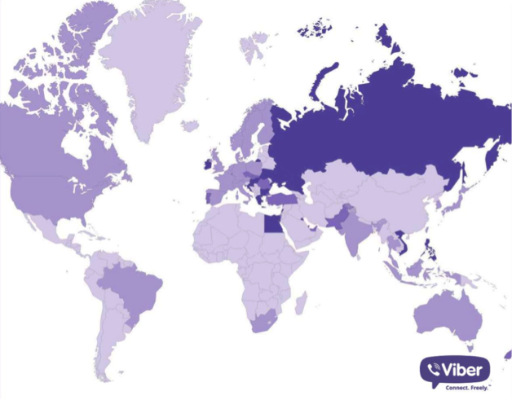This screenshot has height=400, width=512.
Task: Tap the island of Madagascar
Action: pyautogui.click(x=301, y=303)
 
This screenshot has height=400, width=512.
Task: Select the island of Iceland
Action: pyautogui.click(x=189, y=126)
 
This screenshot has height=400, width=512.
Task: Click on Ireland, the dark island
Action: pyautogui.click(x=208, y=164)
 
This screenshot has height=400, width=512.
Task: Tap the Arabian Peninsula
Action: pyautogui.click(x=302, y=232)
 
